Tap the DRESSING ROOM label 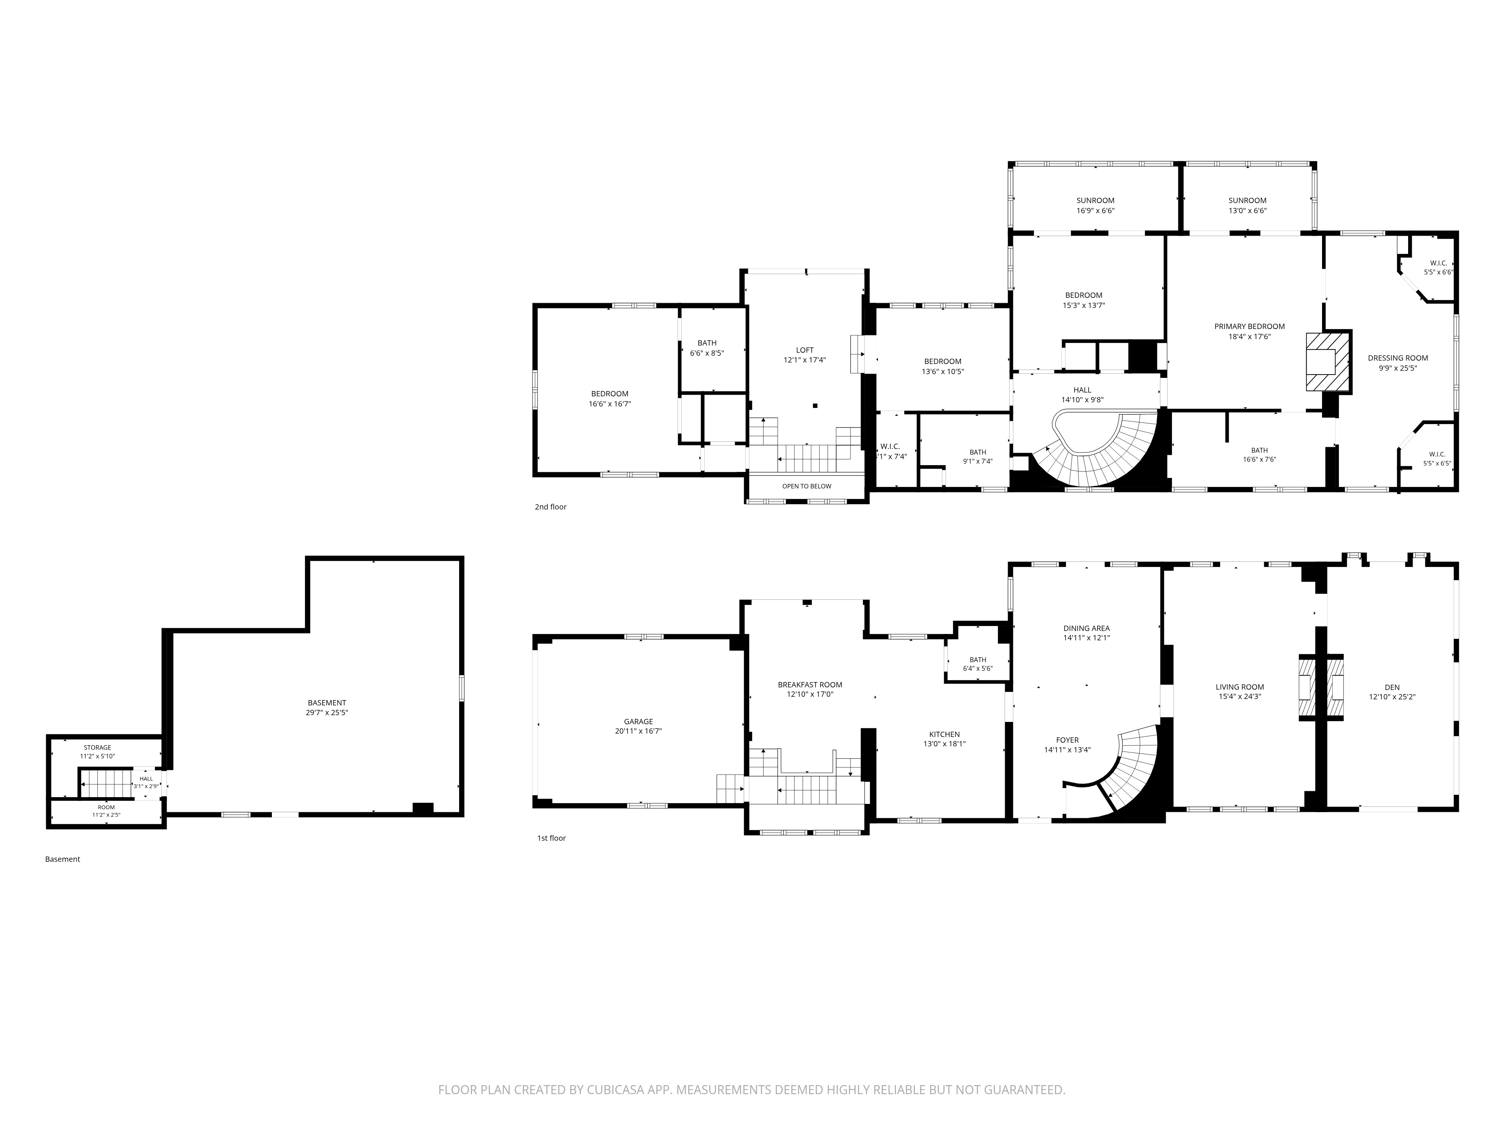pos(1398,358)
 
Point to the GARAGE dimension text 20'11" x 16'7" pos(638,731)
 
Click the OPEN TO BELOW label pos(807,486)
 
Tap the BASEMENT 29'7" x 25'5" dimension pos(327,713)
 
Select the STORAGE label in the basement pos(97,747)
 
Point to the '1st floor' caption pos(552,838)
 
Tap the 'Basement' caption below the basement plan pos(62,859)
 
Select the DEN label pos(1392,687)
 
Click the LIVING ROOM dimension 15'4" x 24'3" pos(1240,696)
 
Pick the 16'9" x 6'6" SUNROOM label pos(1095,205)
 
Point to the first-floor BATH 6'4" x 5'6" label pos(978,664)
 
